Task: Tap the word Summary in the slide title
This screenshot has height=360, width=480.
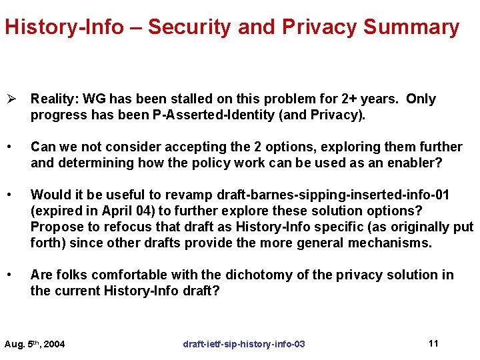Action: point(411,27)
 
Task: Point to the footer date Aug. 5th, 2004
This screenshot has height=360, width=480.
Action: point(35,344)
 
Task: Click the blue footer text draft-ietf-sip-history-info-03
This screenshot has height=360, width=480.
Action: point(244,344)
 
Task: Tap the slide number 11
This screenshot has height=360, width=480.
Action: point(433,343)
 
